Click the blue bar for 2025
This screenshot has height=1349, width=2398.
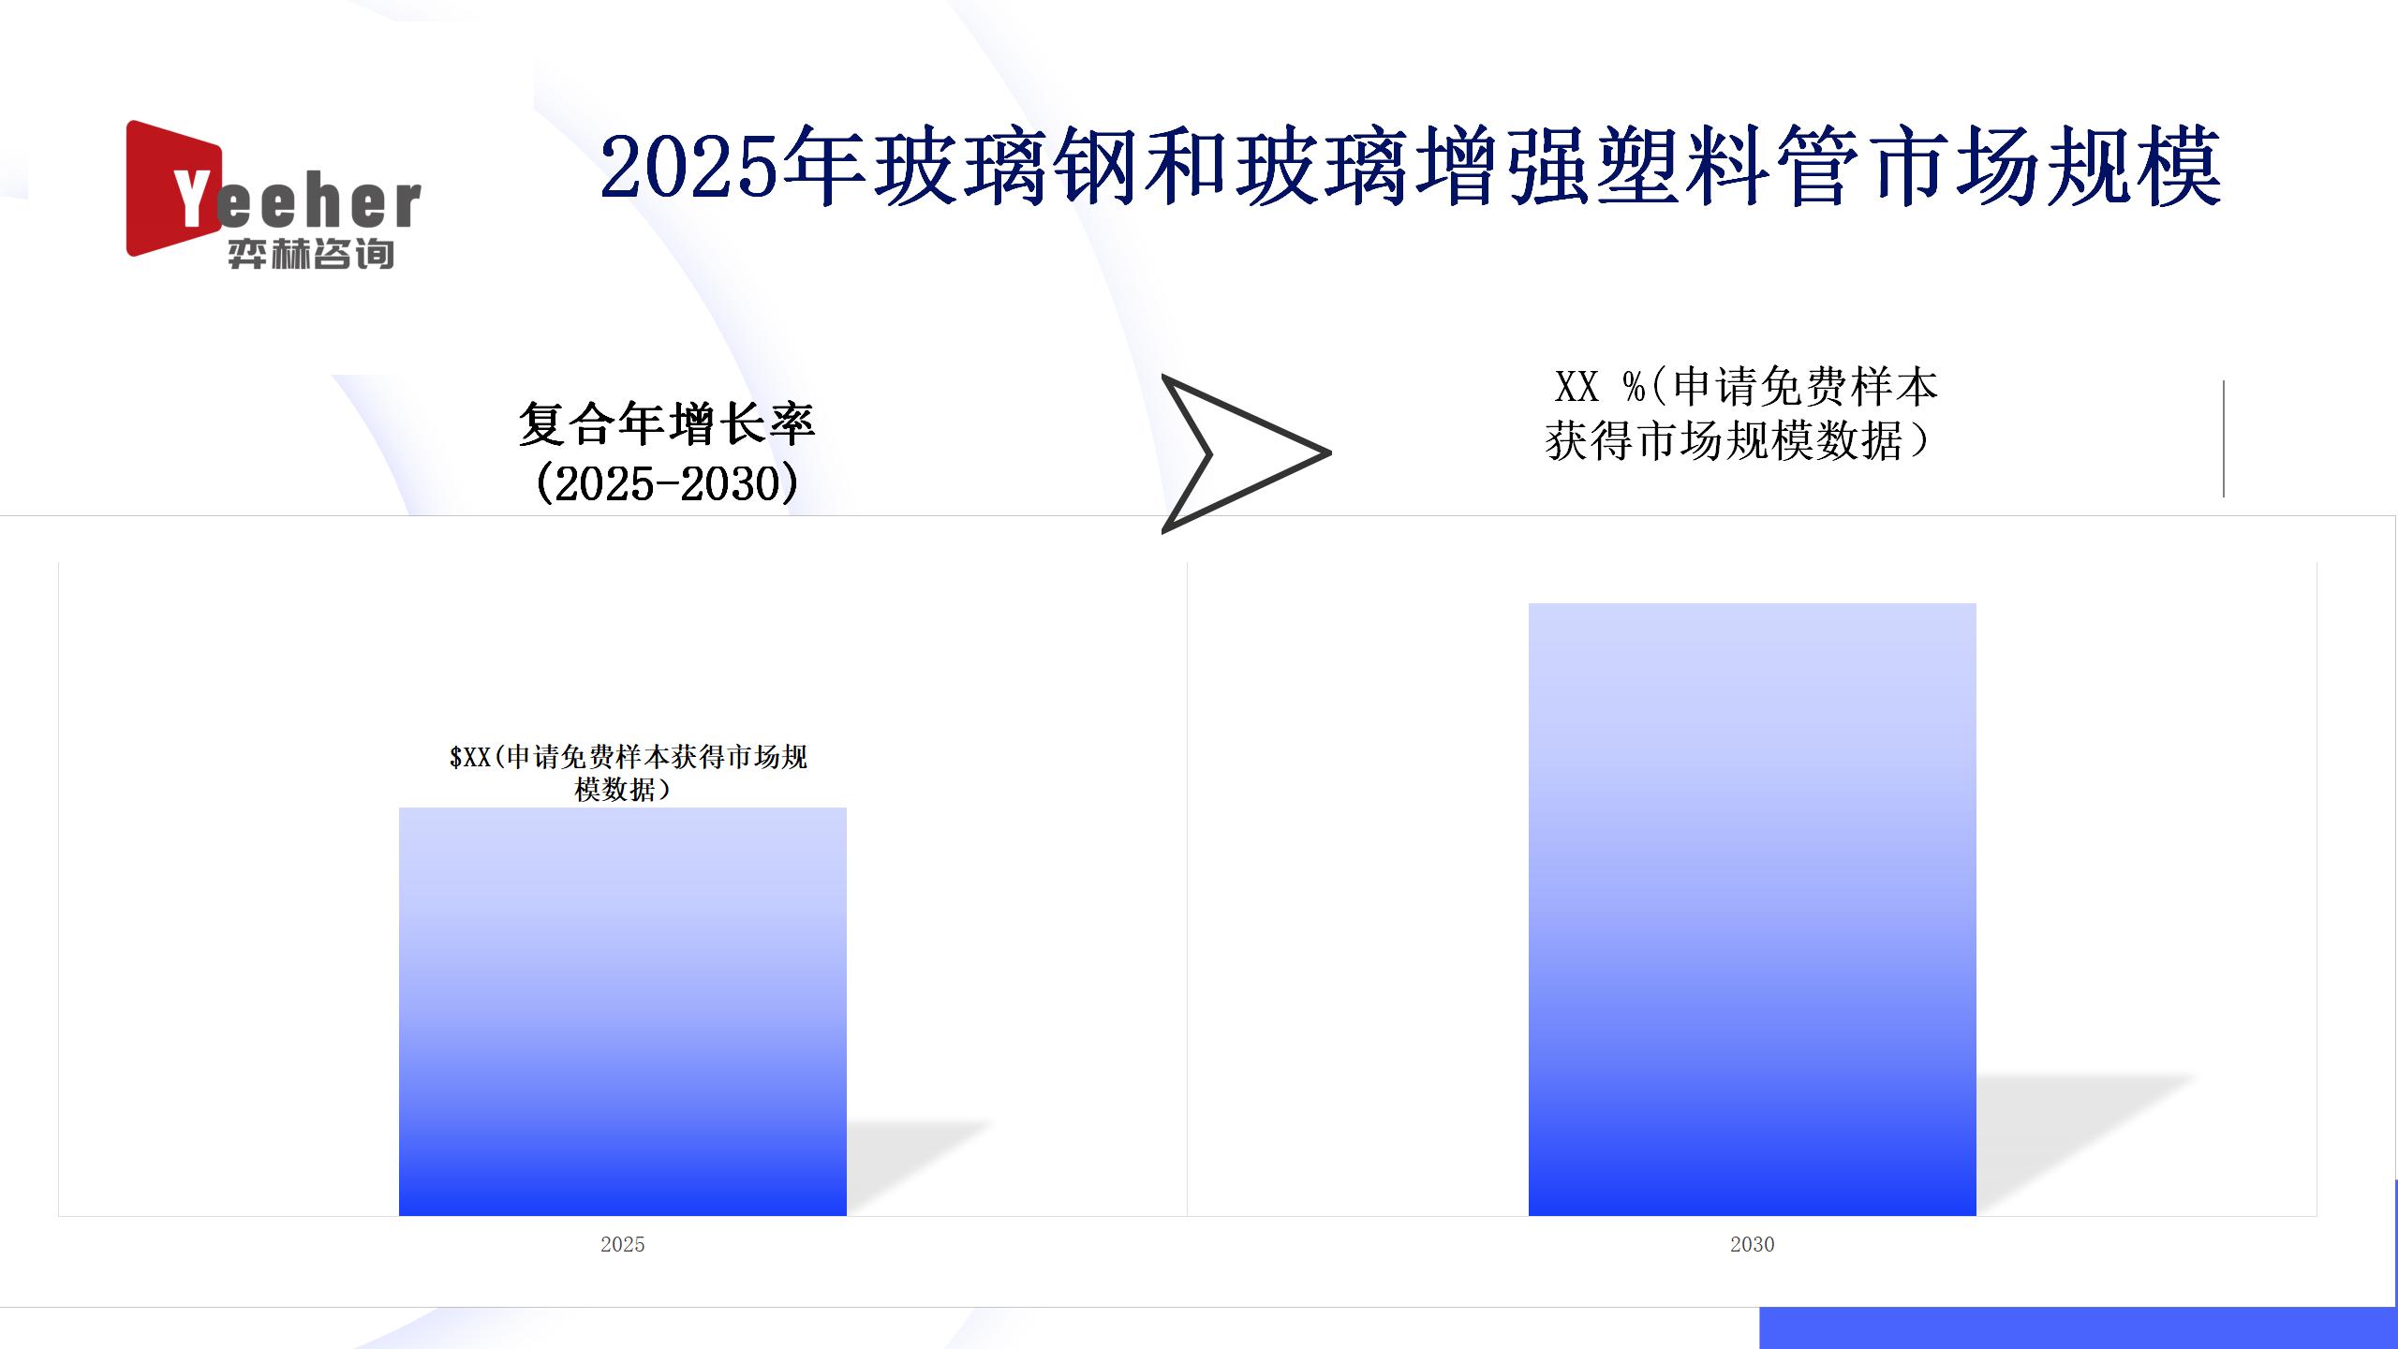(623, 1012)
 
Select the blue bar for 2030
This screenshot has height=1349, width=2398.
(1753, 910)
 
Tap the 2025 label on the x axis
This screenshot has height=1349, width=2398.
(623, 1244)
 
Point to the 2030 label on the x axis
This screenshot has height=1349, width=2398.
(1753, 1244)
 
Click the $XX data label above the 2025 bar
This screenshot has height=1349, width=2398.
(629, 773)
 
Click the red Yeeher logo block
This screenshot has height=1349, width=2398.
(174, 188)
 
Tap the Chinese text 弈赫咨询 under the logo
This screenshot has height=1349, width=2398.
(311, 254)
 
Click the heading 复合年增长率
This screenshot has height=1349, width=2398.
(667, 424)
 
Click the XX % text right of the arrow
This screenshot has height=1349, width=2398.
(1599, 387)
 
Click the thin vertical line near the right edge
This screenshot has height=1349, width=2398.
(2223, 438)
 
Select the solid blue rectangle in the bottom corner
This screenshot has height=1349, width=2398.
(2079, 1327)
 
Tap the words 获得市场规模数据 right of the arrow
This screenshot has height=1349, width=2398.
(1724, 441)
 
